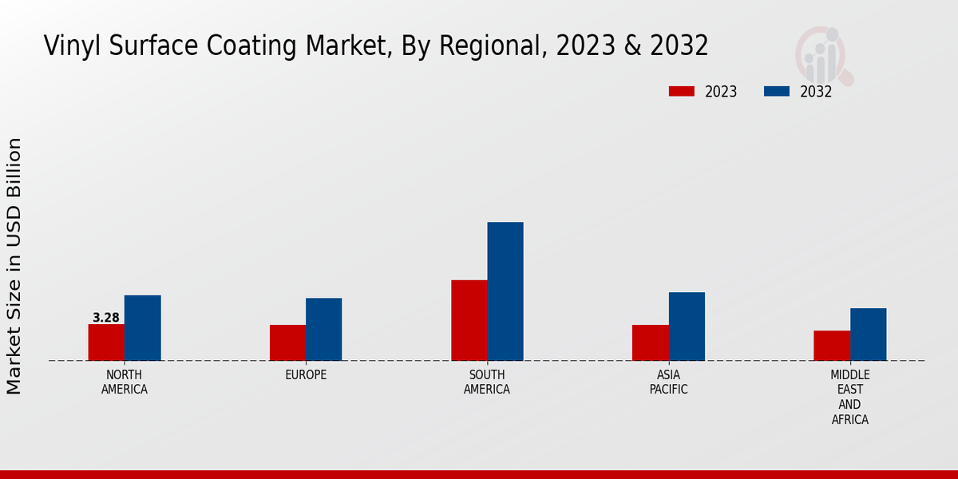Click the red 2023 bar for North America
tap(106, 342)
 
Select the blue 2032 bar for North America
tap(142, 328)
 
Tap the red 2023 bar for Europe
tap(287, 342)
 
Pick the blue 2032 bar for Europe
tap(323, 329)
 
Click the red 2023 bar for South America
tap(469, 320)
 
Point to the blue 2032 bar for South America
tap(505, 291)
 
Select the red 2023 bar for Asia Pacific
tap(650, 342)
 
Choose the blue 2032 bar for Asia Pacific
tap(687, 327)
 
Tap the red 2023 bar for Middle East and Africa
tap(832, 346)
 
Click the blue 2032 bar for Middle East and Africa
tap(868, 335)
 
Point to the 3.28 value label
tap(106, 318)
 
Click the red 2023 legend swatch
tap(682, 92)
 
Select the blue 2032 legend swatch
tap(777, 92)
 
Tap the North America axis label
tap(125, 382)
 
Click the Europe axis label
tap(306, 375)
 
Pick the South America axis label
tap(487, 382)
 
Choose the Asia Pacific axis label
tap(668, 382)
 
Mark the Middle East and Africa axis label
tap(849, 397)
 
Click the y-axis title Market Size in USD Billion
tap(14, 266)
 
